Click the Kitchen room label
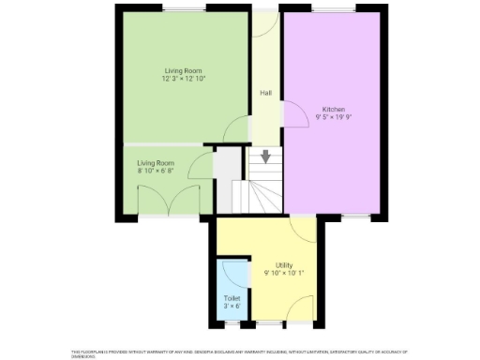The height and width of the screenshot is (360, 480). pos(333,108)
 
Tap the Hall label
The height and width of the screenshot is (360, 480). pos(266,94)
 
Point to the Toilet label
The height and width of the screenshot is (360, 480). pos(231,297)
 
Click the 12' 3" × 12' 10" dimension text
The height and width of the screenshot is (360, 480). pos(183,79)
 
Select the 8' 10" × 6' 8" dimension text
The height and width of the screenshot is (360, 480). pos(157,171)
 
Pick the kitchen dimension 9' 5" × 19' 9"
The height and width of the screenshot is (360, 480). pos(333,116)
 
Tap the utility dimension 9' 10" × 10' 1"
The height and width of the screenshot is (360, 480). pos(284,273)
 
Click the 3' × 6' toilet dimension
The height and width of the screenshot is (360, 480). pos(231,306)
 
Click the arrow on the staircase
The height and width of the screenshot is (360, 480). pos(267,157)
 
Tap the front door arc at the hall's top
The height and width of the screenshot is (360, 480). pos(265,25)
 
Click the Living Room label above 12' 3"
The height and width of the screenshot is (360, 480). pos(183,70)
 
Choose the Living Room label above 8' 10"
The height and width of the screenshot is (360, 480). pos(157,162)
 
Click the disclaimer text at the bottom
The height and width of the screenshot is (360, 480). pos(239,353)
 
